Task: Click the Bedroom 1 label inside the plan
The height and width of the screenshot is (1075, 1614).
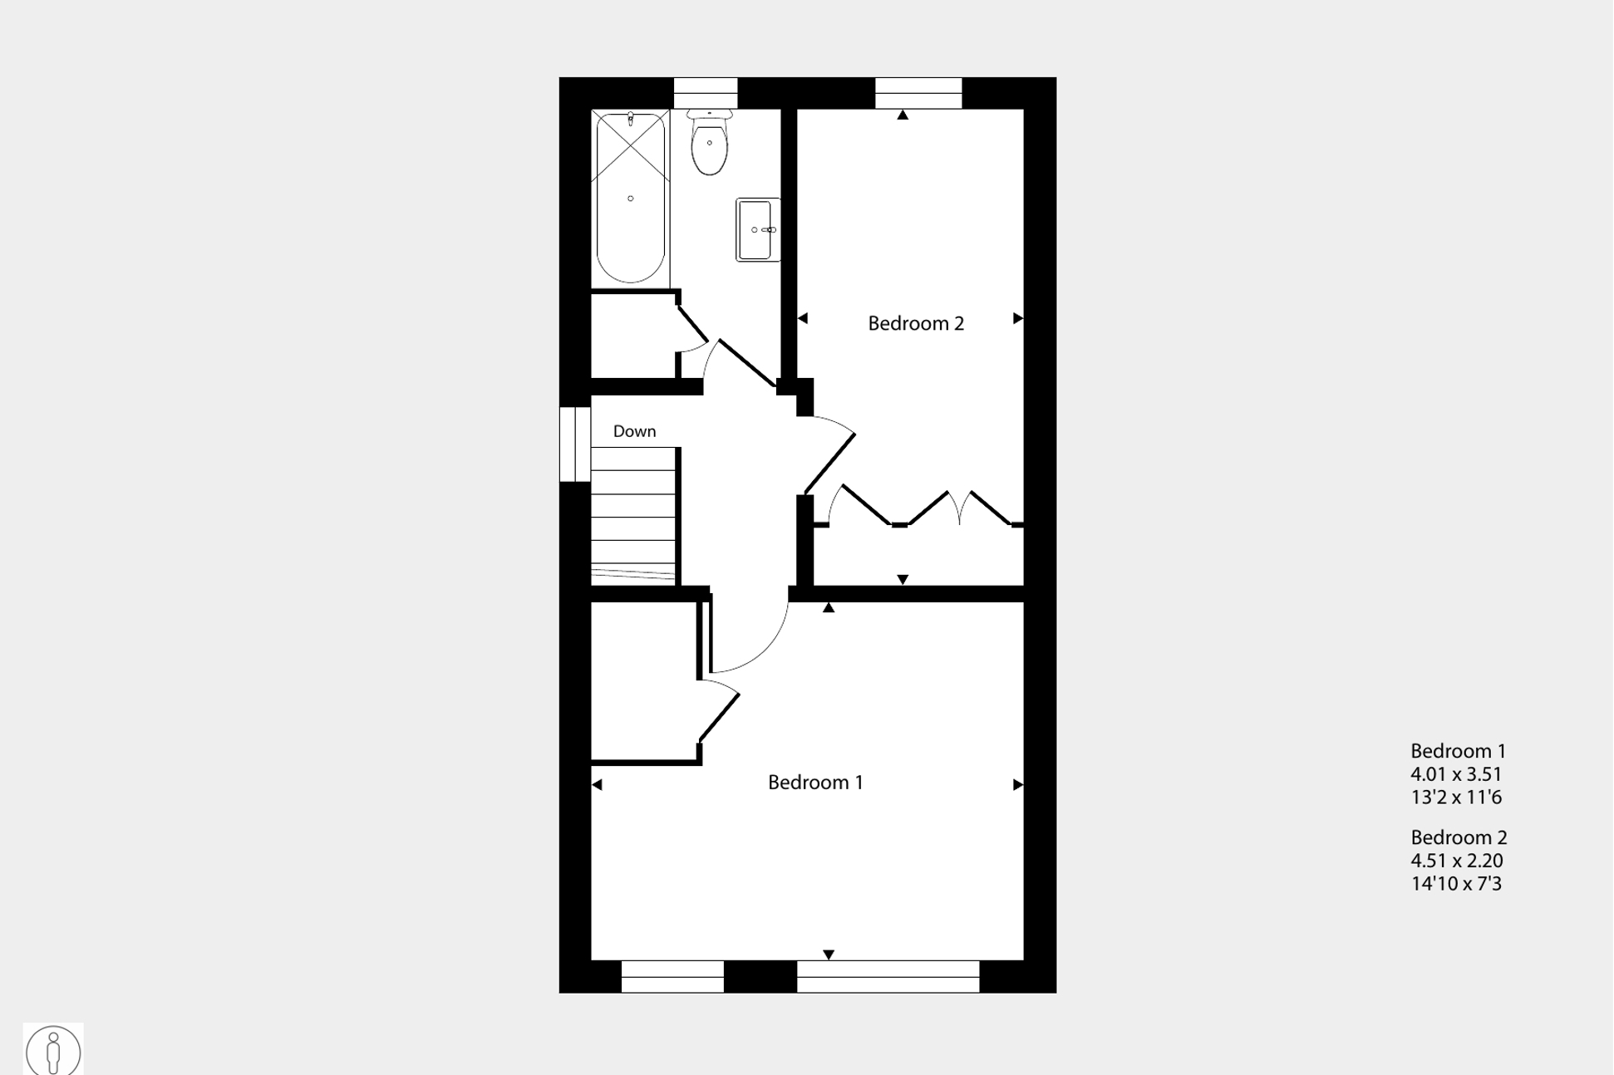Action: tap(815, 783)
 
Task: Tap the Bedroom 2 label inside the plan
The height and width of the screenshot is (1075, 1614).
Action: tap(916, 324)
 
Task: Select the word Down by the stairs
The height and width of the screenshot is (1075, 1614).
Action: tap(634, 431)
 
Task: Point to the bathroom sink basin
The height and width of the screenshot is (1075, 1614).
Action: tap(757, 230)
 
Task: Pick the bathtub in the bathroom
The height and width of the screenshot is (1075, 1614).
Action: tap(631, 199)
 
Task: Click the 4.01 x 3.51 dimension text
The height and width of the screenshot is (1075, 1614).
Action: tap(1456, 774)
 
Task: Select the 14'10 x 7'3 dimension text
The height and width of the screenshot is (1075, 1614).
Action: tap(1456, 884)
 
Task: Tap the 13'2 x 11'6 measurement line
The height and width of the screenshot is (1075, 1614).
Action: tap(1456, 798)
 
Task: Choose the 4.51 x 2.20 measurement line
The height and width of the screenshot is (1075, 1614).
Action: tap(1457, 861)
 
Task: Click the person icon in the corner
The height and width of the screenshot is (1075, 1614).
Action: tap(53, 1050)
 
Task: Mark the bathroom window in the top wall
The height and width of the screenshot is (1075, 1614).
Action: tap(705, 93)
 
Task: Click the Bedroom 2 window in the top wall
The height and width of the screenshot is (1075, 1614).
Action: tap(918, 93)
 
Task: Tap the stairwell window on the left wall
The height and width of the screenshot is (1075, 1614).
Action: tap(574, 444)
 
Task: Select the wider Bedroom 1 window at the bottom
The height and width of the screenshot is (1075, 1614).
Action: tap(888, 977)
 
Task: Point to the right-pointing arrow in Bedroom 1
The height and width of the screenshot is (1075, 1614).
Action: tap(1017, 785)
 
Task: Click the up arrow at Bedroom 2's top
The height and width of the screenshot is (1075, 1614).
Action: tap(903, 115)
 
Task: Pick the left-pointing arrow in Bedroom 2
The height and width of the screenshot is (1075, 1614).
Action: tap(803, 318)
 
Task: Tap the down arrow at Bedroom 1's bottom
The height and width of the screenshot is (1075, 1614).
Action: tap(829, 955)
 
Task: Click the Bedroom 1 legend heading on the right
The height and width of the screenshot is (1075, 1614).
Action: tap(1458, 751)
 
